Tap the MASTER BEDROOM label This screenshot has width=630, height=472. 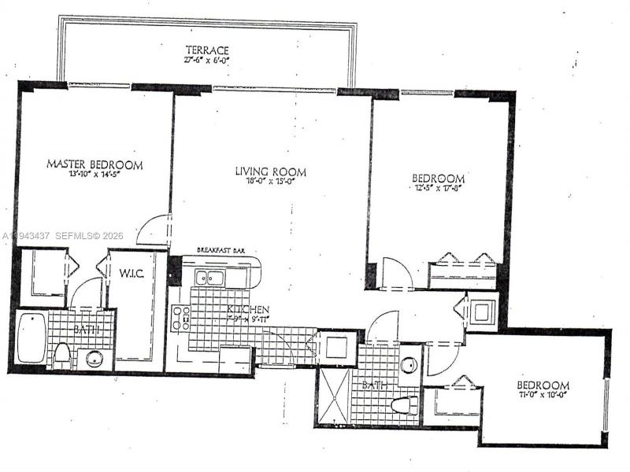(x=94, y=164)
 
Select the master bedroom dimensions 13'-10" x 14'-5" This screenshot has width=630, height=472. (x=94, y=175)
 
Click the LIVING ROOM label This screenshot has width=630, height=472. (x=270, y=171)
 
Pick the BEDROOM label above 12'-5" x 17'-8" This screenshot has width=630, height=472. (x=439, y=179)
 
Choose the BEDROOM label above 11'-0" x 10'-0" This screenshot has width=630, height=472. (x=543, y=385)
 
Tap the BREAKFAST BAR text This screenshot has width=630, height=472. (x=221, y=250)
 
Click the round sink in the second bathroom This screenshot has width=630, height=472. (x=409, y=366)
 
